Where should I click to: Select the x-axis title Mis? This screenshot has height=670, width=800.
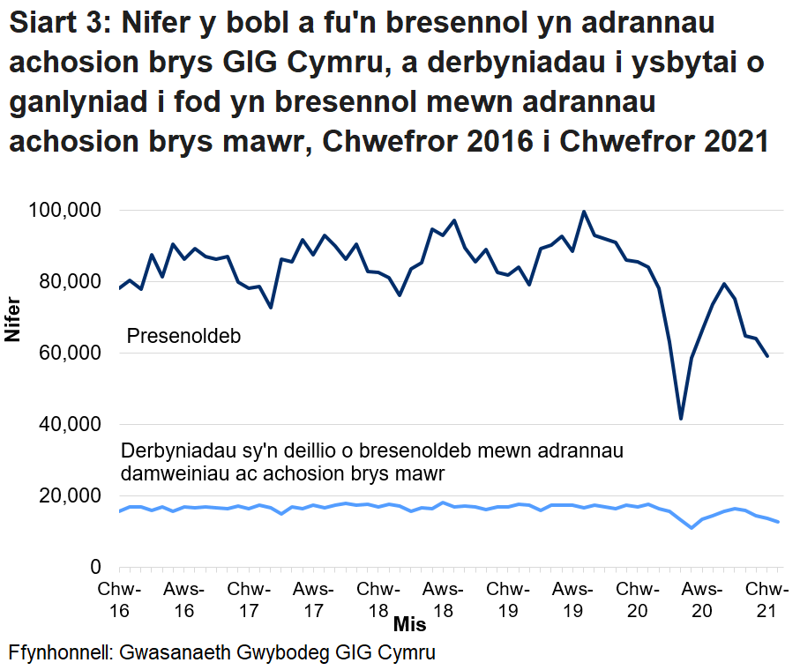pyautogui.click(x=409, y=625)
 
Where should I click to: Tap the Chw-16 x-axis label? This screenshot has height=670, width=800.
pyautogui.click(x=120, y=599)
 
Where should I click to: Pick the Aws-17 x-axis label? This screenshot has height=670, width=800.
pyautogui.click(x=313, y=599)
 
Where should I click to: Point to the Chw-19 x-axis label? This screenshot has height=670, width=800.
pyautogui.click(x=508, y=599)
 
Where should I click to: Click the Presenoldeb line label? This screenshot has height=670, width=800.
pyautogui.click(x=184, y=337)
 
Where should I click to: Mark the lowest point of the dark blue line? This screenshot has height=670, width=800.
pyautogui.click(x=681, y=418)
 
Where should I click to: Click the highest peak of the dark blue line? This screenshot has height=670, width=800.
pyautogui.click(x=584, y=212)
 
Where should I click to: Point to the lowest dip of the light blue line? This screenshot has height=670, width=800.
pyautogui.click(x=692, y=527)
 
